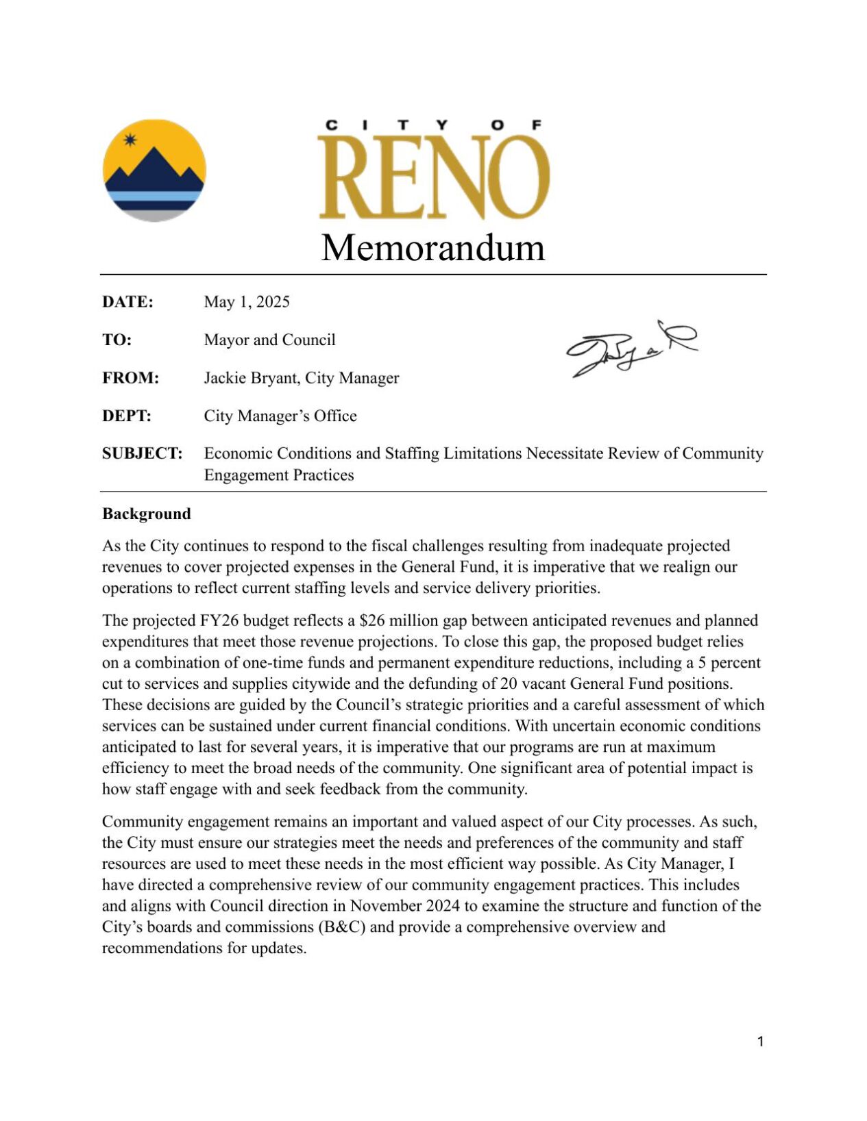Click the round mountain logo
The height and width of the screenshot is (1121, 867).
click(x=154, y=171)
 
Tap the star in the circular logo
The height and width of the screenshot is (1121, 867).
click(x=130, y=140)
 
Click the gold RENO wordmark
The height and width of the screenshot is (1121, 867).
click(x=434, y=177)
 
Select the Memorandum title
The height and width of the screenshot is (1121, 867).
click(x=433, y=247)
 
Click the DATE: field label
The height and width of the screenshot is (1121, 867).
click(x=127, y=302)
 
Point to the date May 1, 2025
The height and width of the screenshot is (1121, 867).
click(x=247, y=302)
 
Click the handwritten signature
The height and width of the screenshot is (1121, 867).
click(x=631, y=348)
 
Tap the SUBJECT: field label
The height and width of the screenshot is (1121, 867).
click(x=142, y=453)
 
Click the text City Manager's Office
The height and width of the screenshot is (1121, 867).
click(x=280, y=416)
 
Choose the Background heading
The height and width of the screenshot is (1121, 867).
click(x=147, y=514)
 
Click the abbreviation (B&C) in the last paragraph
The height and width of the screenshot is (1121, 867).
click(x=341, y=927)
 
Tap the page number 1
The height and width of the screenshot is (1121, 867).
click(x=760, y=1042)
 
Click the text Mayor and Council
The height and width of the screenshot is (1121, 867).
click(x=269, y=340)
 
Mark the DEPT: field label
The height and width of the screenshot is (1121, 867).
click(x=127, y=416)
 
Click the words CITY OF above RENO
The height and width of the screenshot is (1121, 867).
click(x=433, y=125)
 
